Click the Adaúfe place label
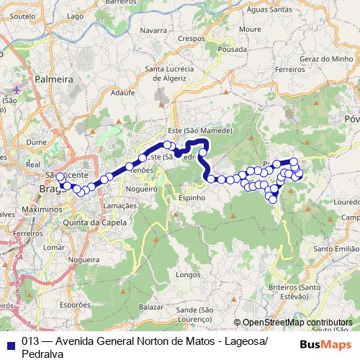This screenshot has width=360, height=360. [x=123, y=93]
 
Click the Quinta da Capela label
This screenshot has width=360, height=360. [x=95, y=223]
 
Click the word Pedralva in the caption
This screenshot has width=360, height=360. [x=42, y=354]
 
